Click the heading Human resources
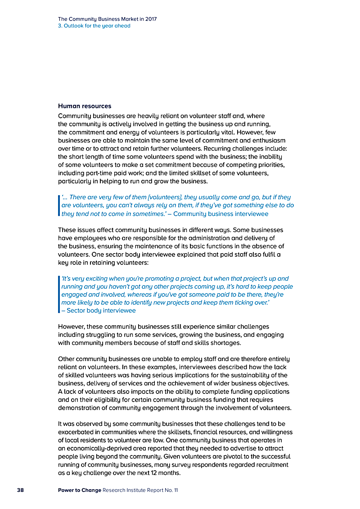pyautogui.click(x=85, y=106)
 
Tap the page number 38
pyautogui.click(x=20, y=490)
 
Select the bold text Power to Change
pyautogui.click(x=79, y=490)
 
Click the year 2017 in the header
pyautogui.click(x=150, y=19)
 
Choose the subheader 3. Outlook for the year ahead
pyautogui.click(x=94, y=26)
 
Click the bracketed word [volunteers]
pyautogui.click(x=153, y=197)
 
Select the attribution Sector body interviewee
pyautogui.click(x=101, y=310)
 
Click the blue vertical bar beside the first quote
pyautogui.click(x=59, y=205)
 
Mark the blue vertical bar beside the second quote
pyautogui.click(x=59, y=294)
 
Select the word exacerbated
pyautogui.click(x=79, y=432)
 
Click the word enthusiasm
pyautogui.click(x=265, y=140)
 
